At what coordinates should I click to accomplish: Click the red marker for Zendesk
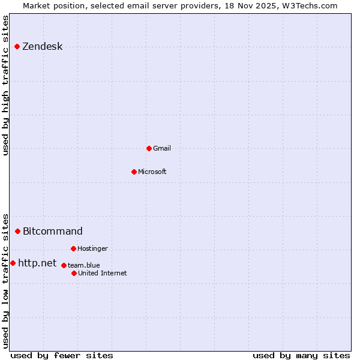(x=17, y=46)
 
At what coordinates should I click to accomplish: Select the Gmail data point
(x=149, y=148)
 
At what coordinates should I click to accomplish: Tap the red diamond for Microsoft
(x=134, y=172)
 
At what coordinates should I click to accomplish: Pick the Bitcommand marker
(x=17, y=231)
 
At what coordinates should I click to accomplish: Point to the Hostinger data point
(x=73, y=248)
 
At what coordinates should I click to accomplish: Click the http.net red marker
(x=13, y=263)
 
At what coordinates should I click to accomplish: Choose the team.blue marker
(x=64, y=265)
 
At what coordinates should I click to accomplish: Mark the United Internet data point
(x=74, y=273)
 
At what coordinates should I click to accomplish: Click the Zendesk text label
(x=43, y=47)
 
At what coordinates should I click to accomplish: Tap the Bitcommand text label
(x=53, y=232)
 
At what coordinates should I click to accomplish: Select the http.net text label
(x=37, y=263)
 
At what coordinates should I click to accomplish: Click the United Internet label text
(x=103, y=274)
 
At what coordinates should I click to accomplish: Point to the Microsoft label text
(x=152, y=172)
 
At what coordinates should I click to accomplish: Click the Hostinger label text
(x=92, y=249)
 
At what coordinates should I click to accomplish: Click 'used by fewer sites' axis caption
(x=62, y=355)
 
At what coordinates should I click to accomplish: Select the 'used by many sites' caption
(x=301, y=355)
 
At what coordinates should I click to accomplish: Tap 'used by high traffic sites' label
(x=6, y=85)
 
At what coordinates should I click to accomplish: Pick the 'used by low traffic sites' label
(x=6, y=281)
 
